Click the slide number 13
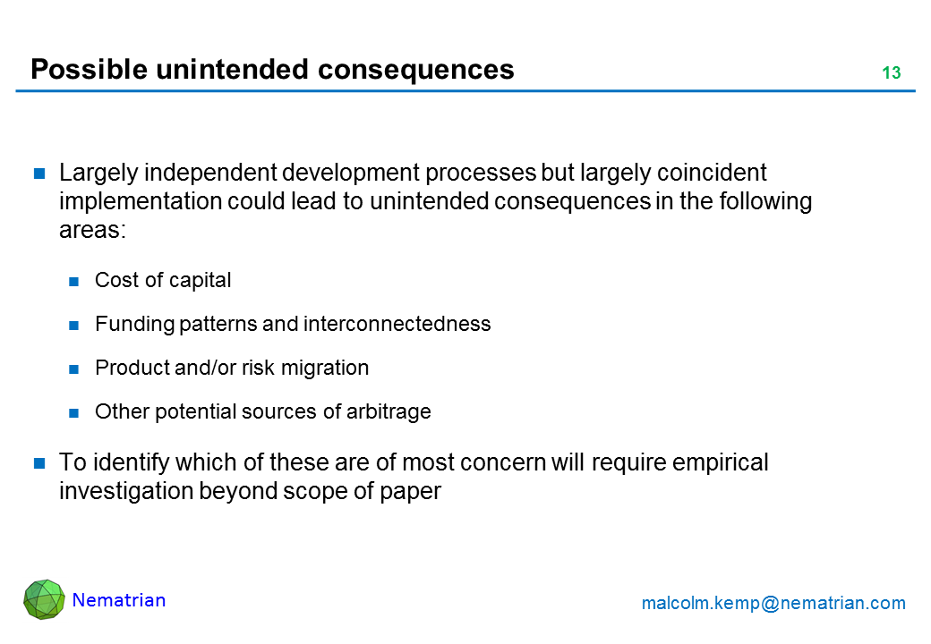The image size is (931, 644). point(892,72)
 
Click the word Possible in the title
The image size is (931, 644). point(89,69)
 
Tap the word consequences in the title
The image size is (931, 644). point(415,70)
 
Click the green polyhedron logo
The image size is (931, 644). point(44,599)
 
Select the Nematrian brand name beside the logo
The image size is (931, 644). point(119,600)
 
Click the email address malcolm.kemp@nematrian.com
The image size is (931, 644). point(773,603)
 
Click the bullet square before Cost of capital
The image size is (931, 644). point(73,282)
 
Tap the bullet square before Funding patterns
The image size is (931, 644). point(73,326)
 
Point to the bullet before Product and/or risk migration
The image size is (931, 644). point(73,369)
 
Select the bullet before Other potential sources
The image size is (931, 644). point(73,413)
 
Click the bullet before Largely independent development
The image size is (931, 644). point(39,174)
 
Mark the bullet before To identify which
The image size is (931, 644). point(39,463)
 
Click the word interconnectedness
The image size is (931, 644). point(397,324)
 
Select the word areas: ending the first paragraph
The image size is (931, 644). point(92,230)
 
